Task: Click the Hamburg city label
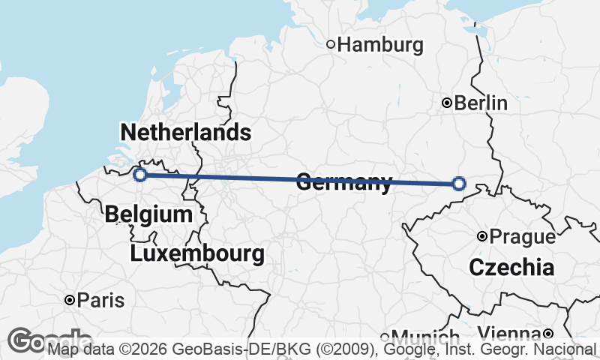tap(380, 45)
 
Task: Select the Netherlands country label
tap(185, 133)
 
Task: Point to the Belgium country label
tap(148, 214)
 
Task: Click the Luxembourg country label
tap(197, 253)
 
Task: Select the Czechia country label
tap(511, 267)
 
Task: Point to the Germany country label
tap(344, 182)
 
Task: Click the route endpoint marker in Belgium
tap(139, 175)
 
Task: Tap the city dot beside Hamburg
tap(331, 45)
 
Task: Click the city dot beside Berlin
tap(447, 103)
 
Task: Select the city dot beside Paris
tap(70, 301)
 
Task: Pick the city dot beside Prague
tap(482, 237)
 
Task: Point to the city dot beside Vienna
tap(548, 334)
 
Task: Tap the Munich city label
tap(424, 337)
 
